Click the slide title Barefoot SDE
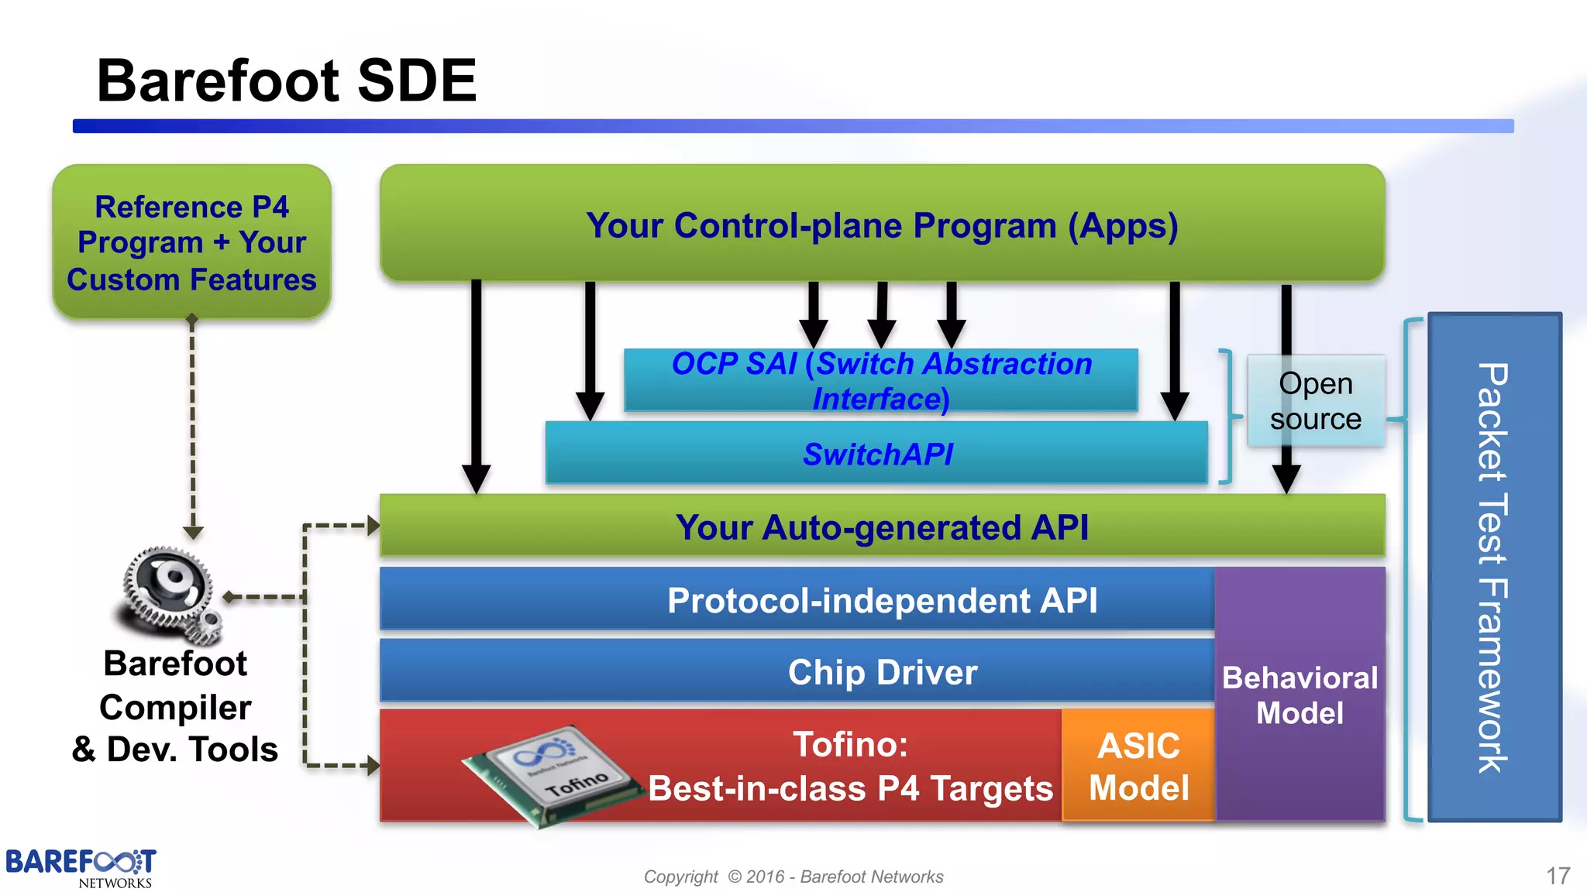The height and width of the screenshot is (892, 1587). tap(286, 81)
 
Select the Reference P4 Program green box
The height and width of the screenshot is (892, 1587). tap(191, 242)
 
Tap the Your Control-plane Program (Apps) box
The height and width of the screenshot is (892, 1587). tap(882, 225)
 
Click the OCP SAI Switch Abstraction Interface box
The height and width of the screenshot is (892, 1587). tap(881, 380)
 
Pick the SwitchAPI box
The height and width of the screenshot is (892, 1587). tap(876, 455)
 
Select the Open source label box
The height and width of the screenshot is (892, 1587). tap(1315, 401)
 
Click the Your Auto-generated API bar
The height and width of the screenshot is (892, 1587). tap(882, 527)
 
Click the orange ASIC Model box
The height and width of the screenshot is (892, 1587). tap(1138, 766)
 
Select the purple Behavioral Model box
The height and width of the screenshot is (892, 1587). tap(1300, 695)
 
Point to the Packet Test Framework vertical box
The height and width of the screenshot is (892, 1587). tap(1493, 568)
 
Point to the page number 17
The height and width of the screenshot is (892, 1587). tap(1558, 876)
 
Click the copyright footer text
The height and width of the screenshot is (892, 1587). tap(793, 877)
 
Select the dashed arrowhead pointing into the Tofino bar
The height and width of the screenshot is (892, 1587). tap(374, 766)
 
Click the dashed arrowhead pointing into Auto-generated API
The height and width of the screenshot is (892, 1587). tap(374, 526)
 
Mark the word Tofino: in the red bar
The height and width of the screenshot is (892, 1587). tap(850, 745)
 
